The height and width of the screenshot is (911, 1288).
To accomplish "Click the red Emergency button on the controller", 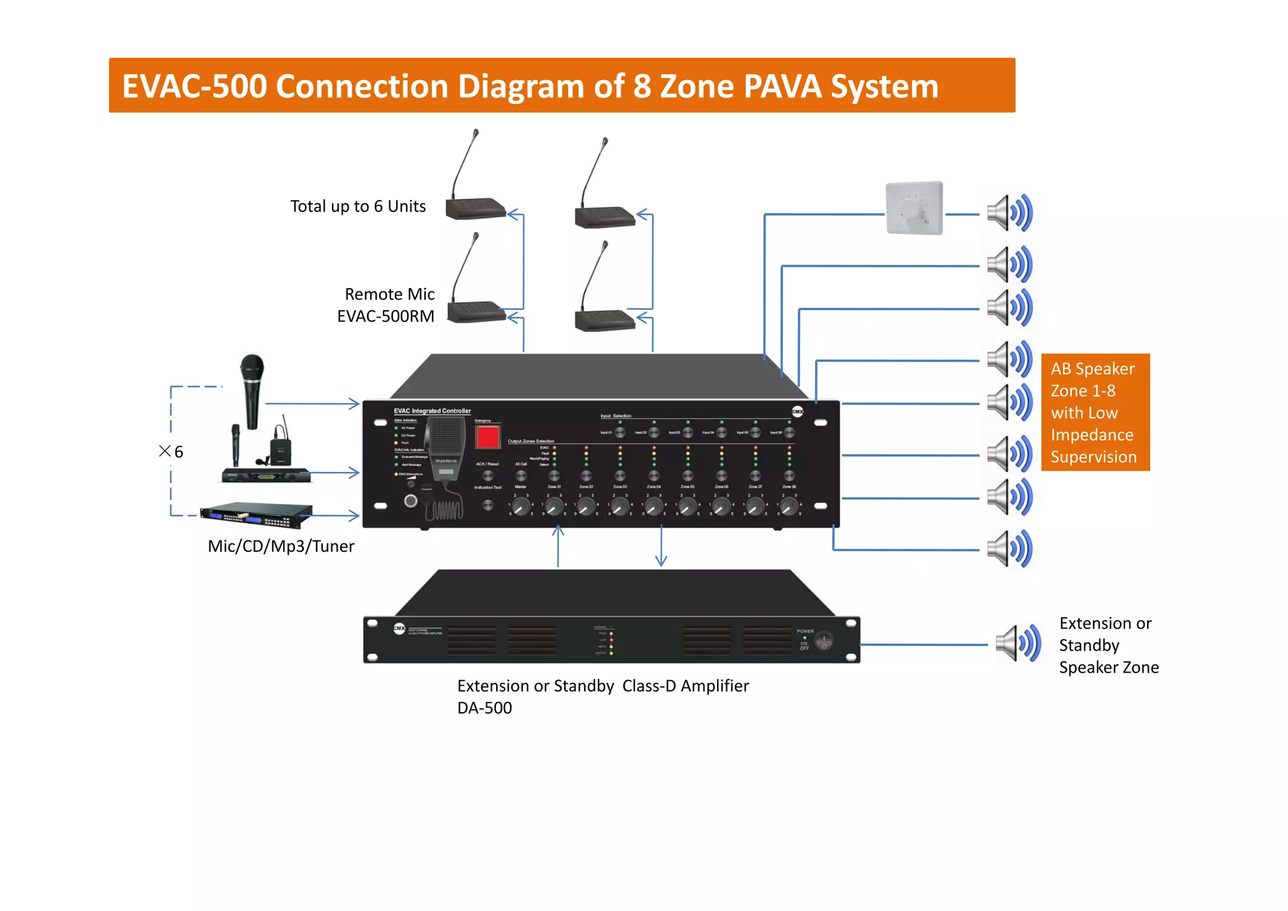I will [487, 437].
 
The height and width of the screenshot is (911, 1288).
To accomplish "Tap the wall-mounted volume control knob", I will [913, 208].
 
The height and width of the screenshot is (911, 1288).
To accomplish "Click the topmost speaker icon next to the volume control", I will [1009, 213].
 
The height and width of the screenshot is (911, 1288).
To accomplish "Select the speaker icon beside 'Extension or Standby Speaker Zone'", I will [1018, 644].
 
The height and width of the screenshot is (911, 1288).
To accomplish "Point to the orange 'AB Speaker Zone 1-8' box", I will [1095, 412].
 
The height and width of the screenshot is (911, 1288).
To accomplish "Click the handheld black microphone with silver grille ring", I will [252, 390].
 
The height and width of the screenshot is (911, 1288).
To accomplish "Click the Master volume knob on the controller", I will [521, 506].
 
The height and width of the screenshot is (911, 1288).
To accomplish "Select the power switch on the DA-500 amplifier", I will [823, 641].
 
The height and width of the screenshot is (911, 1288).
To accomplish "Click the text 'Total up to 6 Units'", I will [358, 206].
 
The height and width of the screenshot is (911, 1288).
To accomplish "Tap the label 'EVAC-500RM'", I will [386, 316].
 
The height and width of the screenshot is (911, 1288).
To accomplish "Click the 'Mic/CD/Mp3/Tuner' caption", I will [280, 546].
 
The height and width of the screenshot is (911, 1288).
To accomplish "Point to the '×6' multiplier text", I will [171, 451].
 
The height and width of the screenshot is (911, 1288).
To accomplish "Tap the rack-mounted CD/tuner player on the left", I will [256, 515].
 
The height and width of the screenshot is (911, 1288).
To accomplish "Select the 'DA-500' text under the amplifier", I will [484, 708].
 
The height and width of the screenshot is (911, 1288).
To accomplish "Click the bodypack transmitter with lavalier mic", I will [280, 448].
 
